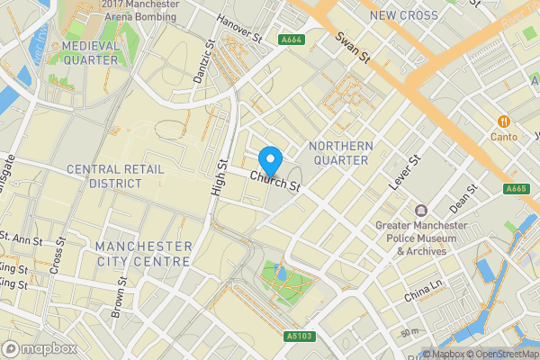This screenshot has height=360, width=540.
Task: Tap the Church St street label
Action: pos(275,181)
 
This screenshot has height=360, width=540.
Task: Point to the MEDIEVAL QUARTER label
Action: pos(89,52)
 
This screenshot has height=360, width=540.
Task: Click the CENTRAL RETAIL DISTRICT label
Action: pos(103,175)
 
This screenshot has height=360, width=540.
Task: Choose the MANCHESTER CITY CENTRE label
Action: pos(143,254)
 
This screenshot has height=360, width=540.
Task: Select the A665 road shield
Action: pos(516,188)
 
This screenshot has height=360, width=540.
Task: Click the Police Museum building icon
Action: pos(420,210)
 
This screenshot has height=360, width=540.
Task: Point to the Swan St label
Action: pos(353,49)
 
